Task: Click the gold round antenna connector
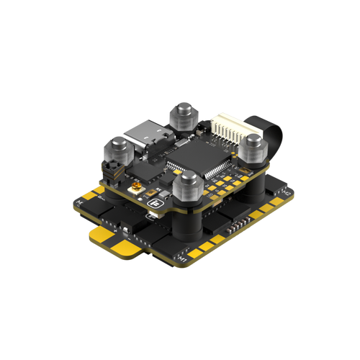click(x=136, y=189)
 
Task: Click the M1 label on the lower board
click(x=184, y=257)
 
